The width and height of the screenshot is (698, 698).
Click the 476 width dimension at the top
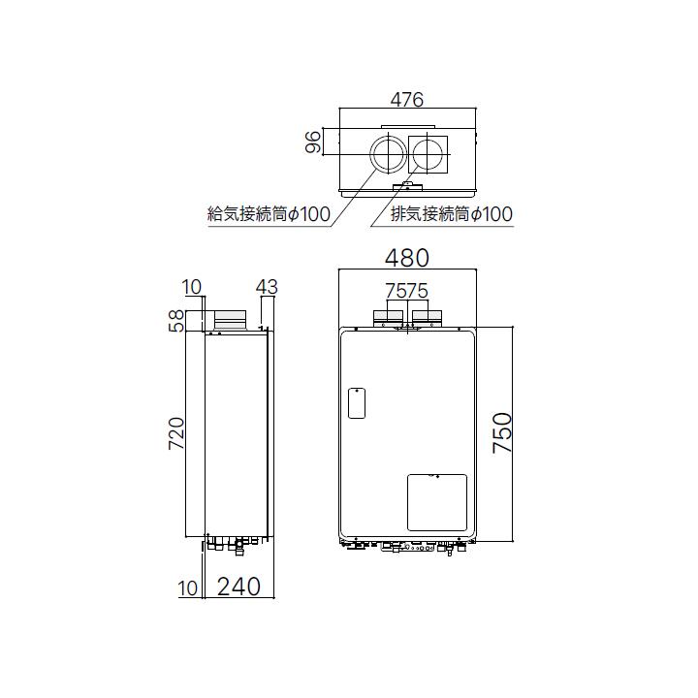point(408,100)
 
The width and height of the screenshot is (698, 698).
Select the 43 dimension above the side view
point(267,287)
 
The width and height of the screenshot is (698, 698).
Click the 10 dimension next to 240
point(188,587)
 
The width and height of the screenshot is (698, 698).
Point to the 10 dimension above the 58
point(192,287)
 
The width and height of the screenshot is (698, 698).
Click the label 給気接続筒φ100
point(269,214)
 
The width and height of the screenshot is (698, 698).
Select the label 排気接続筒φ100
point(451,214)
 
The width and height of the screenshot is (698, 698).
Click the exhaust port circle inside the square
point(429,154)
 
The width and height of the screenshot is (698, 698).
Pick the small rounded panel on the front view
point(356,403)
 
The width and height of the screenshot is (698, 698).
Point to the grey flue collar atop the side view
point(232,318)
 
